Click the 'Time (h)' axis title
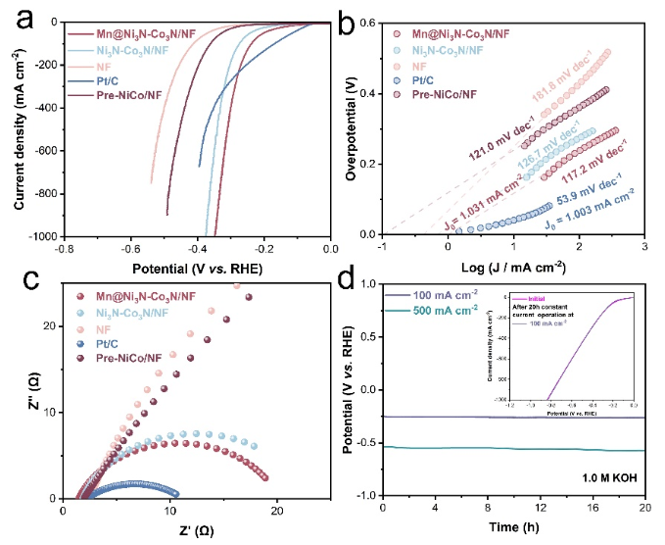point(512,529)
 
